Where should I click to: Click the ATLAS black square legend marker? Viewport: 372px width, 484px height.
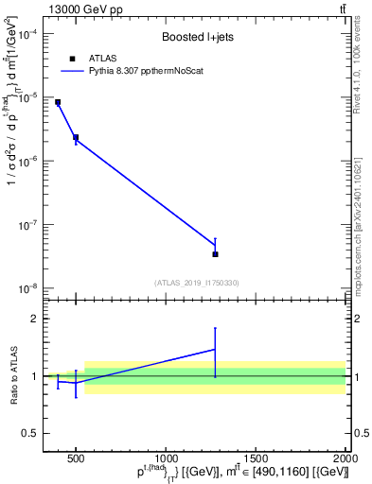(71, 58)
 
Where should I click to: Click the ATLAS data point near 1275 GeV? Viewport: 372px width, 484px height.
(215, 254)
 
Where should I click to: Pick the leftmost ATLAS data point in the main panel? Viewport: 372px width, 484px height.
(58, 102)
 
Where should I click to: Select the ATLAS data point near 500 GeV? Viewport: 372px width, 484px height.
(76, 138)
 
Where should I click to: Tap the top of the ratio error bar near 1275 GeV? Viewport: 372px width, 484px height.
(215, 328)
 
